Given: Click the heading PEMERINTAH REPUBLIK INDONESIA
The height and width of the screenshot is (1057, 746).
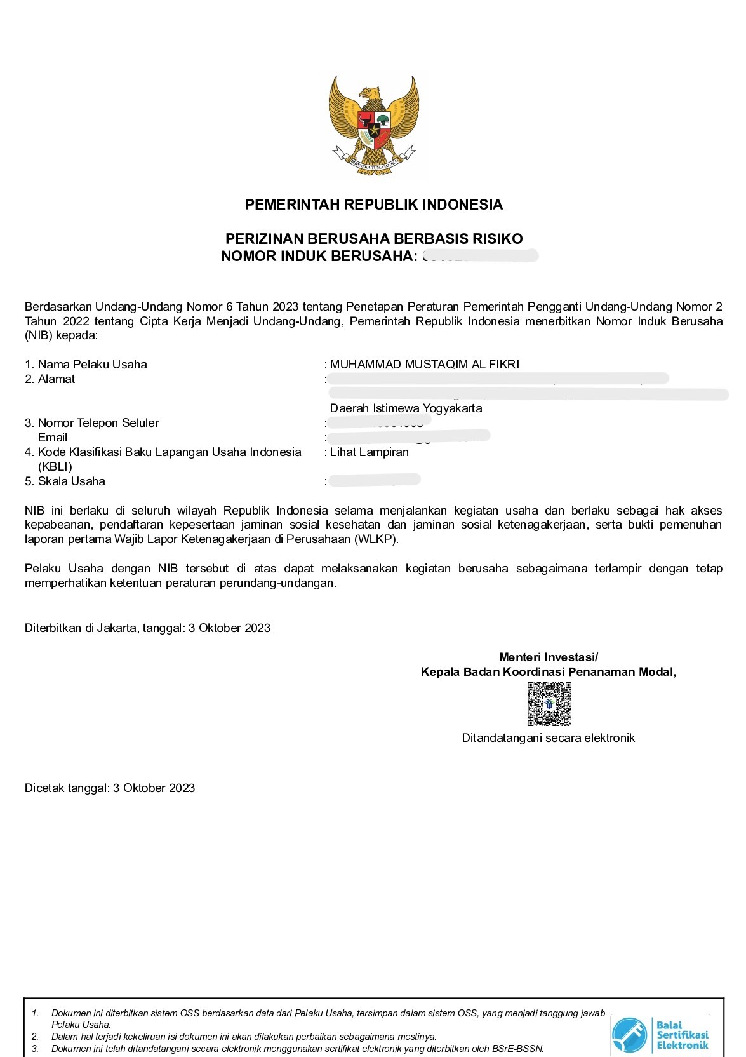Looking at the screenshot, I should (373, 205).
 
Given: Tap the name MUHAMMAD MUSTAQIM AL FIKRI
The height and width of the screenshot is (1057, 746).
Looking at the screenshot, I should (424, 365).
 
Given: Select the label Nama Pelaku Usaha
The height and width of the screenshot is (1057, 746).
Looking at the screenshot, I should (92, 365).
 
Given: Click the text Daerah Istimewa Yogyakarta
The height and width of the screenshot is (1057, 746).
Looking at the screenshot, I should (406, 408).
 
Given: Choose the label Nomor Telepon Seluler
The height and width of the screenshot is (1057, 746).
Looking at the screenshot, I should (98, 423).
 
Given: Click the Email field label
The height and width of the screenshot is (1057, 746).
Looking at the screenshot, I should (53, 438).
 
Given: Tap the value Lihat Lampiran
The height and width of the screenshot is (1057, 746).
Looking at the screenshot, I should (369, 452).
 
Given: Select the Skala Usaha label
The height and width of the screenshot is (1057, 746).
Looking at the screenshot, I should (71, 481).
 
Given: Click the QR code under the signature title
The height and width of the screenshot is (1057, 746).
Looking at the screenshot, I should (549, 704).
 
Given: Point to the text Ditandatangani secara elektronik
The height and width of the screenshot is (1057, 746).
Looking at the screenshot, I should (548, 738).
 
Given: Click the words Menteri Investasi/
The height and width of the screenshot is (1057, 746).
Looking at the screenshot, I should (548, 657).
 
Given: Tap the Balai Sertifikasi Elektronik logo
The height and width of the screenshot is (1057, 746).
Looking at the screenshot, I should (660, 1034).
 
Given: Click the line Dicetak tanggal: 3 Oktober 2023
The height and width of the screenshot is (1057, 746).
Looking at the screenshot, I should (110, 788).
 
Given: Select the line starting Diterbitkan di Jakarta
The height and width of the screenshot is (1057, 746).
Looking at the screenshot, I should (147, 628).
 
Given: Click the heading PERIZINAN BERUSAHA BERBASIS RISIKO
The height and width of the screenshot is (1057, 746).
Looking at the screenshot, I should (374, 239).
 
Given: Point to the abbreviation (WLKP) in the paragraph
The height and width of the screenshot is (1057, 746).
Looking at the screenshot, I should (378, 539).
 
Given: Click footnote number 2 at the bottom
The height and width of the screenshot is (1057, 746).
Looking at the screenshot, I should (36, 1037).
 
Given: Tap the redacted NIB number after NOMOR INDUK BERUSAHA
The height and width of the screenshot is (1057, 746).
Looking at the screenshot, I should (480, 256).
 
